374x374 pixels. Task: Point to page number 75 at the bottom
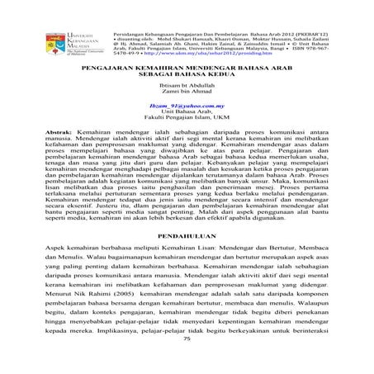[187, 362]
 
